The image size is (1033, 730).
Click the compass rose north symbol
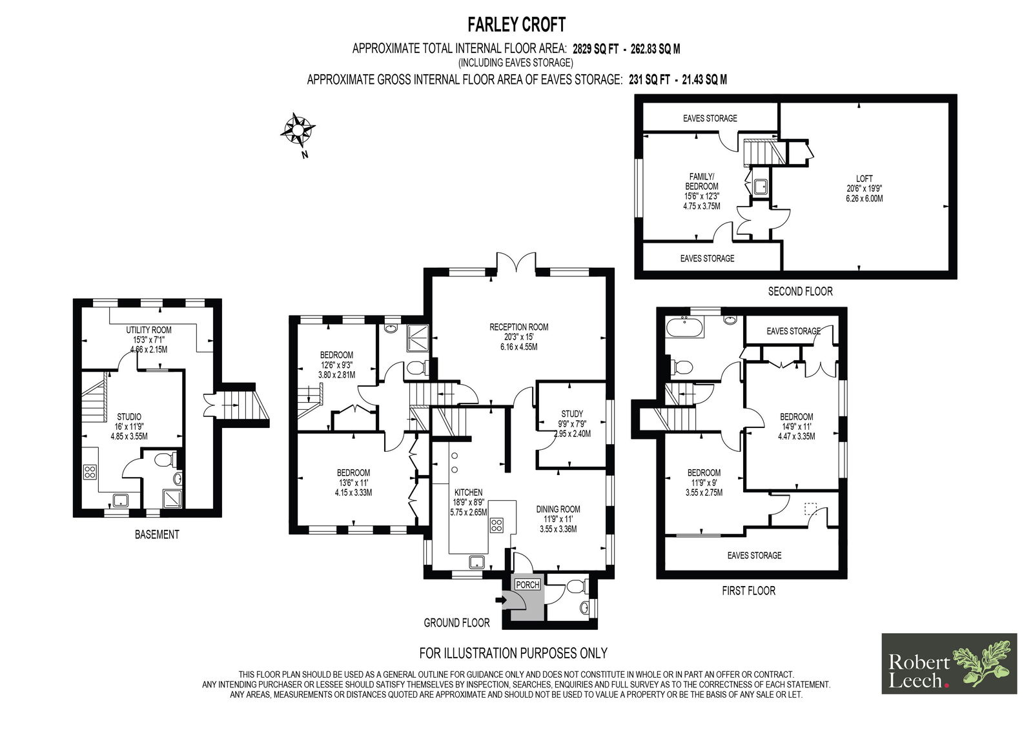click(298, 129)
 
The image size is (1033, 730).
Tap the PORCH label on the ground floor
click(527, 585)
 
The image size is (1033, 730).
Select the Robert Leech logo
click(949, 664)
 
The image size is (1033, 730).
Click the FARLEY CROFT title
click(516, 25)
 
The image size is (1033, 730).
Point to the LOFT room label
click(864, 179)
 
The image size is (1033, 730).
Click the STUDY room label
click(572, 414)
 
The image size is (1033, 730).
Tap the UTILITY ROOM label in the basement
click(148, 330)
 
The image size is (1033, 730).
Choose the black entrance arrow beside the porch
click(501, 600)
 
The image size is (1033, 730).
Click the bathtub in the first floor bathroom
click(684, 327)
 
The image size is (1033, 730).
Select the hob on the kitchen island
click(496, 525)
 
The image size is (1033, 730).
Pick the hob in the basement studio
click(90, 472)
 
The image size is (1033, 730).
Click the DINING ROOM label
click(558, 509)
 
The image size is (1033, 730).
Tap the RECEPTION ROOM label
click(519, 327)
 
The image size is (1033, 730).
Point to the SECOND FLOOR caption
click(800, 292)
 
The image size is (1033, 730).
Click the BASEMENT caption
click(157, 534)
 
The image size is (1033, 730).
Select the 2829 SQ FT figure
click(595, 49)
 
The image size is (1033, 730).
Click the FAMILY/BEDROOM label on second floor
click(701, 181)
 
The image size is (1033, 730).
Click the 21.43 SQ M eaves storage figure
click(704, 80)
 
